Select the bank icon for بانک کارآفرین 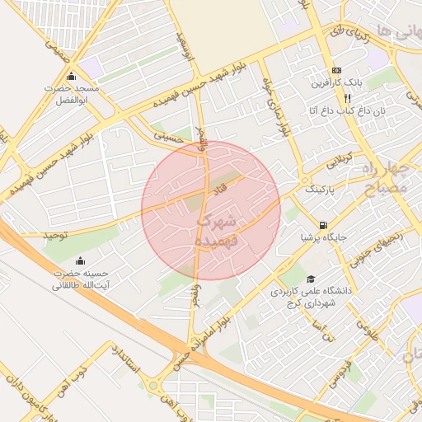coord(336,71)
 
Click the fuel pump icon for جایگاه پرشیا coord(321,225)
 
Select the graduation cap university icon coord(311,279)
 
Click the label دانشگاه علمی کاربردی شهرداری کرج coord(304,298)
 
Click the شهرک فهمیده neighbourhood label coord(217,230)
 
